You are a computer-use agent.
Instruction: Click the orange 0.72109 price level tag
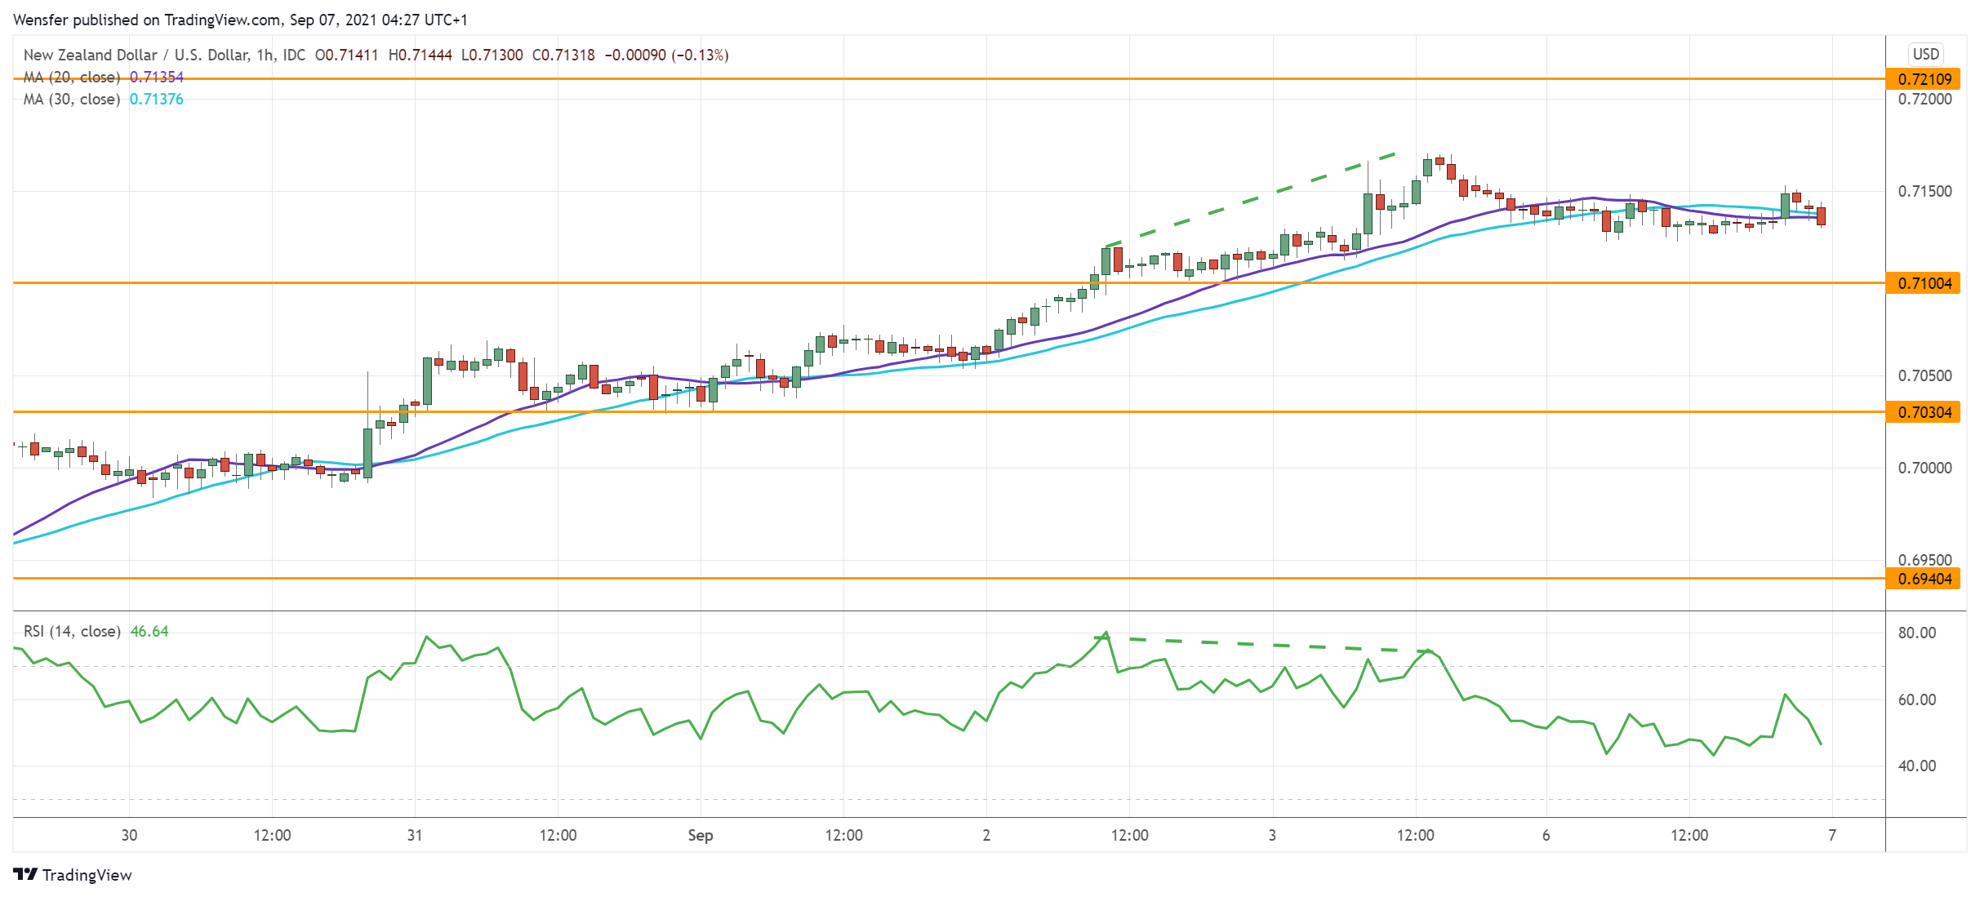(x=1924, y=79)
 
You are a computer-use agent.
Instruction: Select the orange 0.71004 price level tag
(x=1924, y=283)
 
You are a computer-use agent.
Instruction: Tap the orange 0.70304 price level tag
(x=1924, y=412)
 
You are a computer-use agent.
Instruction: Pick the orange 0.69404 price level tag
(x=1924, y=579)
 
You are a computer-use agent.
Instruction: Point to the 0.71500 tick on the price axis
(x=1924, y=191)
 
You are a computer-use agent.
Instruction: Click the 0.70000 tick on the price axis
(x=1924, y=468)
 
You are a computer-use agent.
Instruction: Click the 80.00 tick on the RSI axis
(x=1916, y=633)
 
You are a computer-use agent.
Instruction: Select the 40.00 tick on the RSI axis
(x=1916, y=766)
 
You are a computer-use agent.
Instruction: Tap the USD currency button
(x=1925, y=54)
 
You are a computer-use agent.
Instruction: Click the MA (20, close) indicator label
(x=72, y=77)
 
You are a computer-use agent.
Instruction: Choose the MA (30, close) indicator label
(x=72, y=99)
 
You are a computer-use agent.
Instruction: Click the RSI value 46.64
(x=149, y=631)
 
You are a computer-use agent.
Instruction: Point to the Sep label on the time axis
(x=701, y=835)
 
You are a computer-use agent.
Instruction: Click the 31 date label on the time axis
(x=415, y=835)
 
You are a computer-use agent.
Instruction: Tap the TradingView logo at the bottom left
(x=73, y=875)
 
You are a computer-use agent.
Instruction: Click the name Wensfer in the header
(x=41, y=20)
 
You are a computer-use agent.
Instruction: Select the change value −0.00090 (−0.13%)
(x=666, y=55)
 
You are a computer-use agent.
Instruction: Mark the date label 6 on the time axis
(x=1546, y=835)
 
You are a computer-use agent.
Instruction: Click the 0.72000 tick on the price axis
(x=1924, y=99)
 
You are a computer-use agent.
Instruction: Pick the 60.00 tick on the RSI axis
(x=1916, y=699)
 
